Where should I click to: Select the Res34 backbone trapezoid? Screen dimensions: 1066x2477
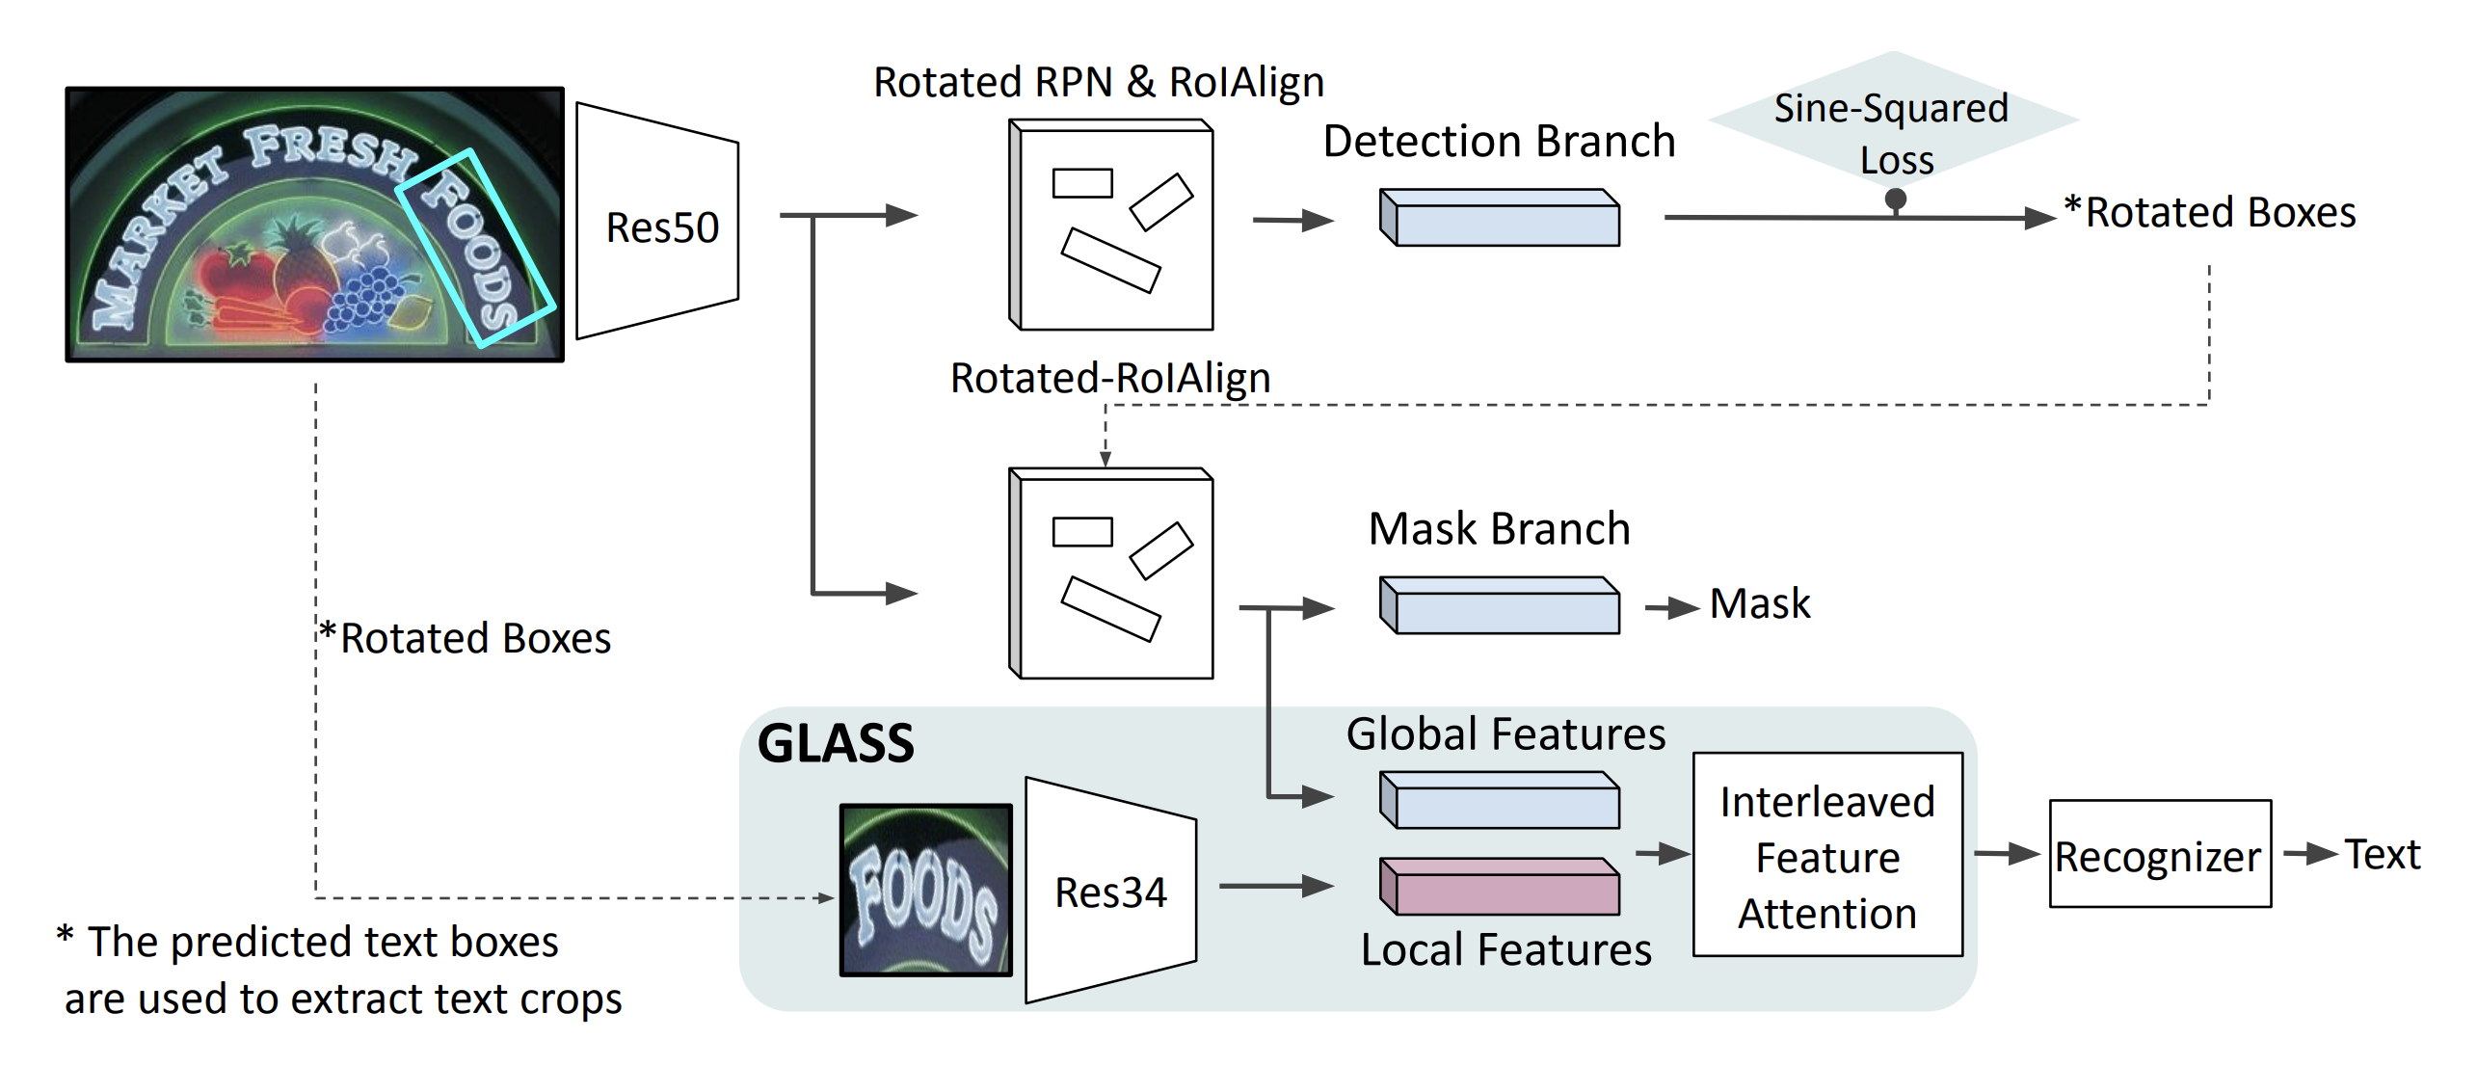click(x=1110, y=891)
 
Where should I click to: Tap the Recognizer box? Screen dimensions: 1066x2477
click(x=2159, y=854)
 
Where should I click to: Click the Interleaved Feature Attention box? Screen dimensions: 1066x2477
click(x=1827, y=855)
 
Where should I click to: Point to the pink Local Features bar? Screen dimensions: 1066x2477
click(x=1502, y=888)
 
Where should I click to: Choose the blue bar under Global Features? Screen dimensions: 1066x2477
click(x=1502, y=801)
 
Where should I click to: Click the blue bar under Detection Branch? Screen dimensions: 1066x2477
click(x=1502, y=219)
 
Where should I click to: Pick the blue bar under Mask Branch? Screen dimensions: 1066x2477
click(x=1502, y=606)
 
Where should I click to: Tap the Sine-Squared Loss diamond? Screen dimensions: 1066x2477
click(x=1893, y=120)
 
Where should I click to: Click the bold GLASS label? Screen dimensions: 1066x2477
click(x=836, y=744)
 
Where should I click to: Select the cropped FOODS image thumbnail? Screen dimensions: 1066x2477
click(x=925, y=890)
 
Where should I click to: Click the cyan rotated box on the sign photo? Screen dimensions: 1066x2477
click(x=474, y=247)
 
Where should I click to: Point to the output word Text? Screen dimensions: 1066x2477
click(x=2383, y=854)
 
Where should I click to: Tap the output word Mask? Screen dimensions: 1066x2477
click(x=1760, y=604)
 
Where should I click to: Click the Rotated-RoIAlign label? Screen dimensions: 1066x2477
click(x=1110, y=378)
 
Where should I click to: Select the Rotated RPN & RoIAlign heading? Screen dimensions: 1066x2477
click(x=1099, y=83)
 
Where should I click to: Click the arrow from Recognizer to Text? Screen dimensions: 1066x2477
click(x=2309, y=854)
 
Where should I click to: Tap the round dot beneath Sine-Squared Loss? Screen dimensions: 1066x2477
click(x=1896, y=200)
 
